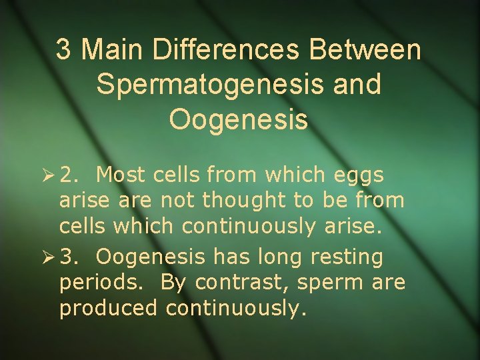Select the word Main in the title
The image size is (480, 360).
(113, 50)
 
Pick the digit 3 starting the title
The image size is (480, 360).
(63, 50)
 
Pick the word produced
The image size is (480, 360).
(109, 309)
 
